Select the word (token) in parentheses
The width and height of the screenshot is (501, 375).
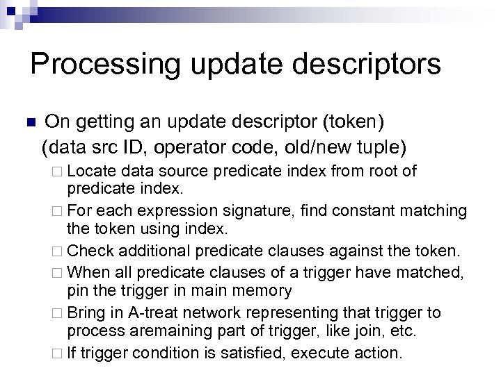(x=351, y=123)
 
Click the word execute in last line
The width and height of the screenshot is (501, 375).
(x=325, y=353)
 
